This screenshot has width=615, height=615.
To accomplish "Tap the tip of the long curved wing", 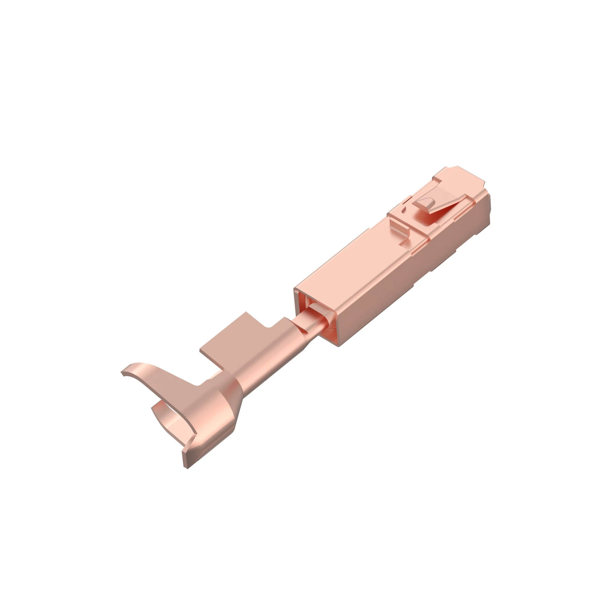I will point(123,373).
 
